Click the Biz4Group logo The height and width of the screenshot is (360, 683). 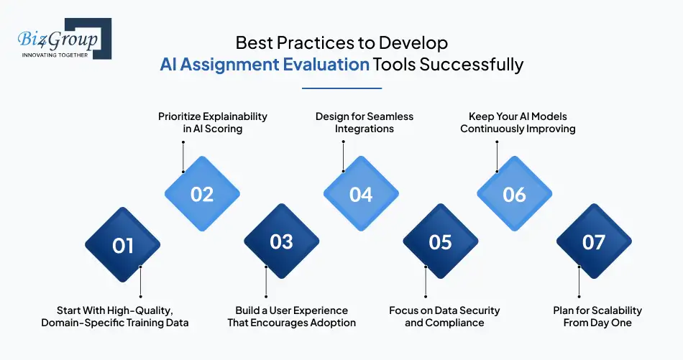click(x=65, y=39)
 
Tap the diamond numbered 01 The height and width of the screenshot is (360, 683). click(x=123, y=245)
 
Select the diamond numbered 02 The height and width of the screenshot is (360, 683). click(x=202, y=194)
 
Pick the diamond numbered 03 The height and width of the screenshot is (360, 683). click(x=281, y=241)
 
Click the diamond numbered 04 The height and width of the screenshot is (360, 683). click(x=361, y=194)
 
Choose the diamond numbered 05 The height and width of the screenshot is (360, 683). click(x=441, y=241)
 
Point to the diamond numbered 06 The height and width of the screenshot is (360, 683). click(x=515, y=194)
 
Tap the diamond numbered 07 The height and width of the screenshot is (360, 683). click(x=594, y=241)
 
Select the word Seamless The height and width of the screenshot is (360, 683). click(x=390, y=116)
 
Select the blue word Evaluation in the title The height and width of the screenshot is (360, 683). click(x=326, y=65)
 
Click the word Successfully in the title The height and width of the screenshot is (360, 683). click(x=472, y=65)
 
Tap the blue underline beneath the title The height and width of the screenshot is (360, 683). click(x=342, y=88)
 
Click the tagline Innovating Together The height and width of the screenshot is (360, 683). click(x=55, y=55)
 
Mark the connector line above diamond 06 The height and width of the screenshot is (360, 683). click(x=497, y=156)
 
